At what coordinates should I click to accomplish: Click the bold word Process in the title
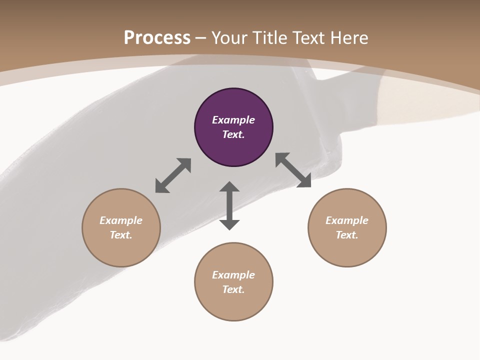pos(157,38)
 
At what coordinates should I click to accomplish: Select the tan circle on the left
pos(121,250)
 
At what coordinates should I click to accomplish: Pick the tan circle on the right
pos(347,250)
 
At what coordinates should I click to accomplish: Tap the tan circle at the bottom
pos(233,305)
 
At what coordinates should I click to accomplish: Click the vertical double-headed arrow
pos(229,205)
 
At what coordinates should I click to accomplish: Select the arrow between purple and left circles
pos(173,175)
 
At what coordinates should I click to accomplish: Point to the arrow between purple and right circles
pos(293,170)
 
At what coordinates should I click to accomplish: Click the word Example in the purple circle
pos(233,120)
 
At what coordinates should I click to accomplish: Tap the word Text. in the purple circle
pos(233,134)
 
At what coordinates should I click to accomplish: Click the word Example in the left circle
pos(121,220)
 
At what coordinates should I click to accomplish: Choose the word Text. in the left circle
pos(121,235)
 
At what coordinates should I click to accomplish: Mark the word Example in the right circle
pos(347,220)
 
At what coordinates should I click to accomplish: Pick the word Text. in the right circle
pos(347,235)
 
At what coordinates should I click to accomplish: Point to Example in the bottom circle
pos(233,275)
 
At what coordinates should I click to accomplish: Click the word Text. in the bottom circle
pos(233,289)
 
